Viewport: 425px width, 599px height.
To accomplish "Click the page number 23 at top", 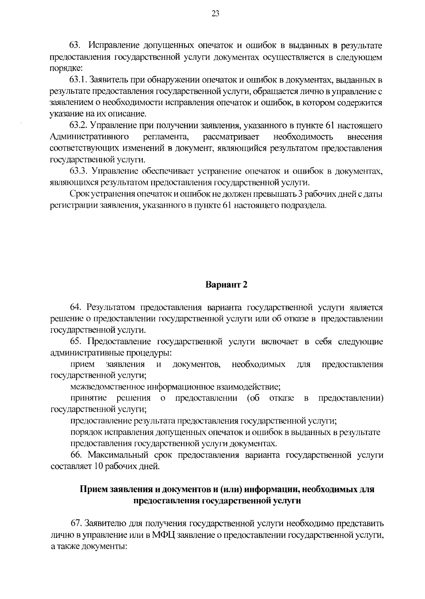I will (x=215, y=14).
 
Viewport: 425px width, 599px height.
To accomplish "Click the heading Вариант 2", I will (x=226, y=285).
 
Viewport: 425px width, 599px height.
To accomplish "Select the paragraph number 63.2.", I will (x=78, y=126).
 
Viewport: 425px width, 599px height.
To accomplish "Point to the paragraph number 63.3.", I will (x=78, y=171).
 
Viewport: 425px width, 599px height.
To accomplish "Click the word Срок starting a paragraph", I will (x=80, y=194).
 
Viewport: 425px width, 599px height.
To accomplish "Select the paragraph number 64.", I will (x=76, y=308).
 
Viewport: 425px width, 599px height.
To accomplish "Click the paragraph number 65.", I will (x=76, y=342).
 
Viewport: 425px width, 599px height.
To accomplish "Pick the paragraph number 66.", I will (x=76, y=455).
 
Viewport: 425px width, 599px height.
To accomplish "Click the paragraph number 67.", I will (x=76, y=523).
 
